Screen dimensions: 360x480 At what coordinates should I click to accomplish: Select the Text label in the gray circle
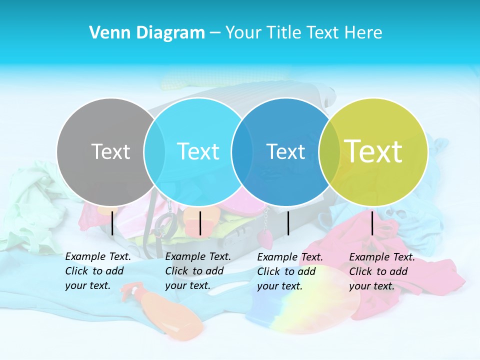(110, 151)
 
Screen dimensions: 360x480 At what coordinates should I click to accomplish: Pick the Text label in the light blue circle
(198, 151)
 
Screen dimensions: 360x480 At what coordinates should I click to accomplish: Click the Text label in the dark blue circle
(285, 151)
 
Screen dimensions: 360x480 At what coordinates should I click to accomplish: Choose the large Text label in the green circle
(373, 151)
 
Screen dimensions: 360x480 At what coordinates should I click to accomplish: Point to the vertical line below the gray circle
(112, 223)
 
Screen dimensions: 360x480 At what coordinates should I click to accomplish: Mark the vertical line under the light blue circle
(200, 223)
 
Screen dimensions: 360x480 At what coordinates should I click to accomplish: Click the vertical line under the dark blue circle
(288, 223)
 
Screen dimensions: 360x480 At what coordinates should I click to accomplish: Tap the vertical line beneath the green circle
(372, 223)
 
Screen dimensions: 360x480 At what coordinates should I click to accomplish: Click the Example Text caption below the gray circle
(97, 271)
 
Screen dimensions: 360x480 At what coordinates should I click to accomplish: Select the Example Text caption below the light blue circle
(197, 271)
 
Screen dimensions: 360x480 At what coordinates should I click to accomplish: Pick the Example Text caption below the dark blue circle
(290, 271)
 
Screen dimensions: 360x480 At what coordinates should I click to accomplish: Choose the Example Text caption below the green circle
(381, 271)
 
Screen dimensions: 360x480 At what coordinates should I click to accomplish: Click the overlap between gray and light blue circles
(154, 151)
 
